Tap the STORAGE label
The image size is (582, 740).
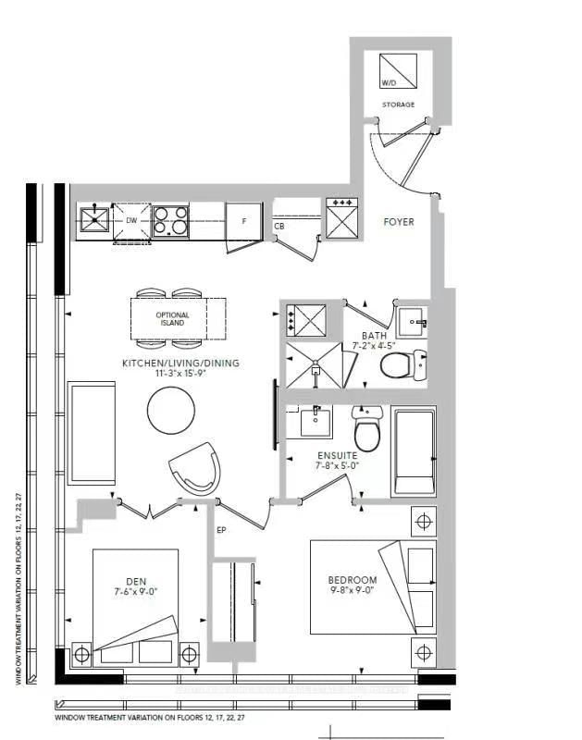pos(398,105)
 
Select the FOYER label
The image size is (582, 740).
pos(399,222)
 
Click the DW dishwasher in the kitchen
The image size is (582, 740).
pos(131,222)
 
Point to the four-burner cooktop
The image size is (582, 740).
pos(171,220)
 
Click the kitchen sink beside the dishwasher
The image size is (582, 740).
pos(94,220)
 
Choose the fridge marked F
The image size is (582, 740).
pos(243,222)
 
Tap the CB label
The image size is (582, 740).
pos(279,226)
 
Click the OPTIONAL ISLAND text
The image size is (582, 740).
pos(172,319)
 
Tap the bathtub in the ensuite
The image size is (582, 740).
pos(414,452)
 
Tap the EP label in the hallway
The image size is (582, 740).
pos(221,531)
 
